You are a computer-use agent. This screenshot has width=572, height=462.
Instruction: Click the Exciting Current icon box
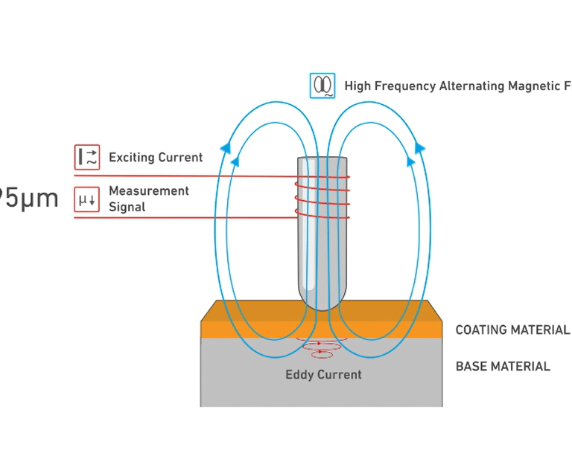tap(87, 157)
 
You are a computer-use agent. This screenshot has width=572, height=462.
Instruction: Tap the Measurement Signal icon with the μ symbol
tap(87, 199)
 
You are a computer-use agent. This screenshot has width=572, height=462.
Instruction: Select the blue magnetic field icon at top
tap(322, 86)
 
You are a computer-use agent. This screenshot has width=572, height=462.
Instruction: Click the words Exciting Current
tap(156, 158)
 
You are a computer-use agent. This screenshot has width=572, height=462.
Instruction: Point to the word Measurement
tap(149, 191)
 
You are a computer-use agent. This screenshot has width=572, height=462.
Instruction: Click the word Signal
tap(127, 207)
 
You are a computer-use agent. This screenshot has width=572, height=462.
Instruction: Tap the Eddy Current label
tap(323, 374)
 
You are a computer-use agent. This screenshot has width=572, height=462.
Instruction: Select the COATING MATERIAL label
tap(512, 330)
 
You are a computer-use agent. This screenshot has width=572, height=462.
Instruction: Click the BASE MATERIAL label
tap(503, 366)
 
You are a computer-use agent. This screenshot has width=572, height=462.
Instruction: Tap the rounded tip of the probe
tap(322, 298)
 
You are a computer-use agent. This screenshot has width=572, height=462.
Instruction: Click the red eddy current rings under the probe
tap(320, 347)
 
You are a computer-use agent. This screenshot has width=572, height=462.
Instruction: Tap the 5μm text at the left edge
tap(28, 199)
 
